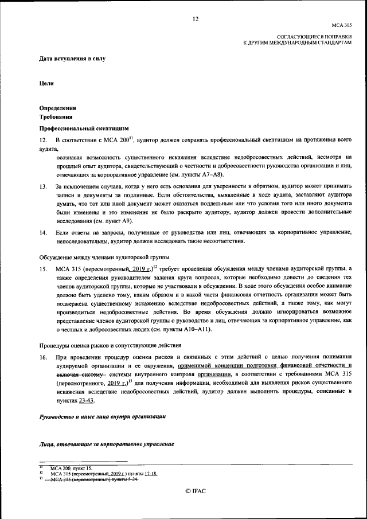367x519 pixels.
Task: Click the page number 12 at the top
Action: tap(195, 19)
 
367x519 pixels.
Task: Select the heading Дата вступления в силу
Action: tap(72, 58)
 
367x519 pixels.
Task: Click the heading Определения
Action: tap(57, 108)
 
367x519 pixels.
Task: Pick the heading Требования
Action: tap(55, 116)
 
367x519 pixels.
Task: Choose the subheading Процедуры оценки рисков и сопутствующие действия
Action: tap(110, 345)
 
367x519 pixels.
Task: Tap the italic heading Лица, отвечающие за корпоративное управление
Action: tap(107, 444)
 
